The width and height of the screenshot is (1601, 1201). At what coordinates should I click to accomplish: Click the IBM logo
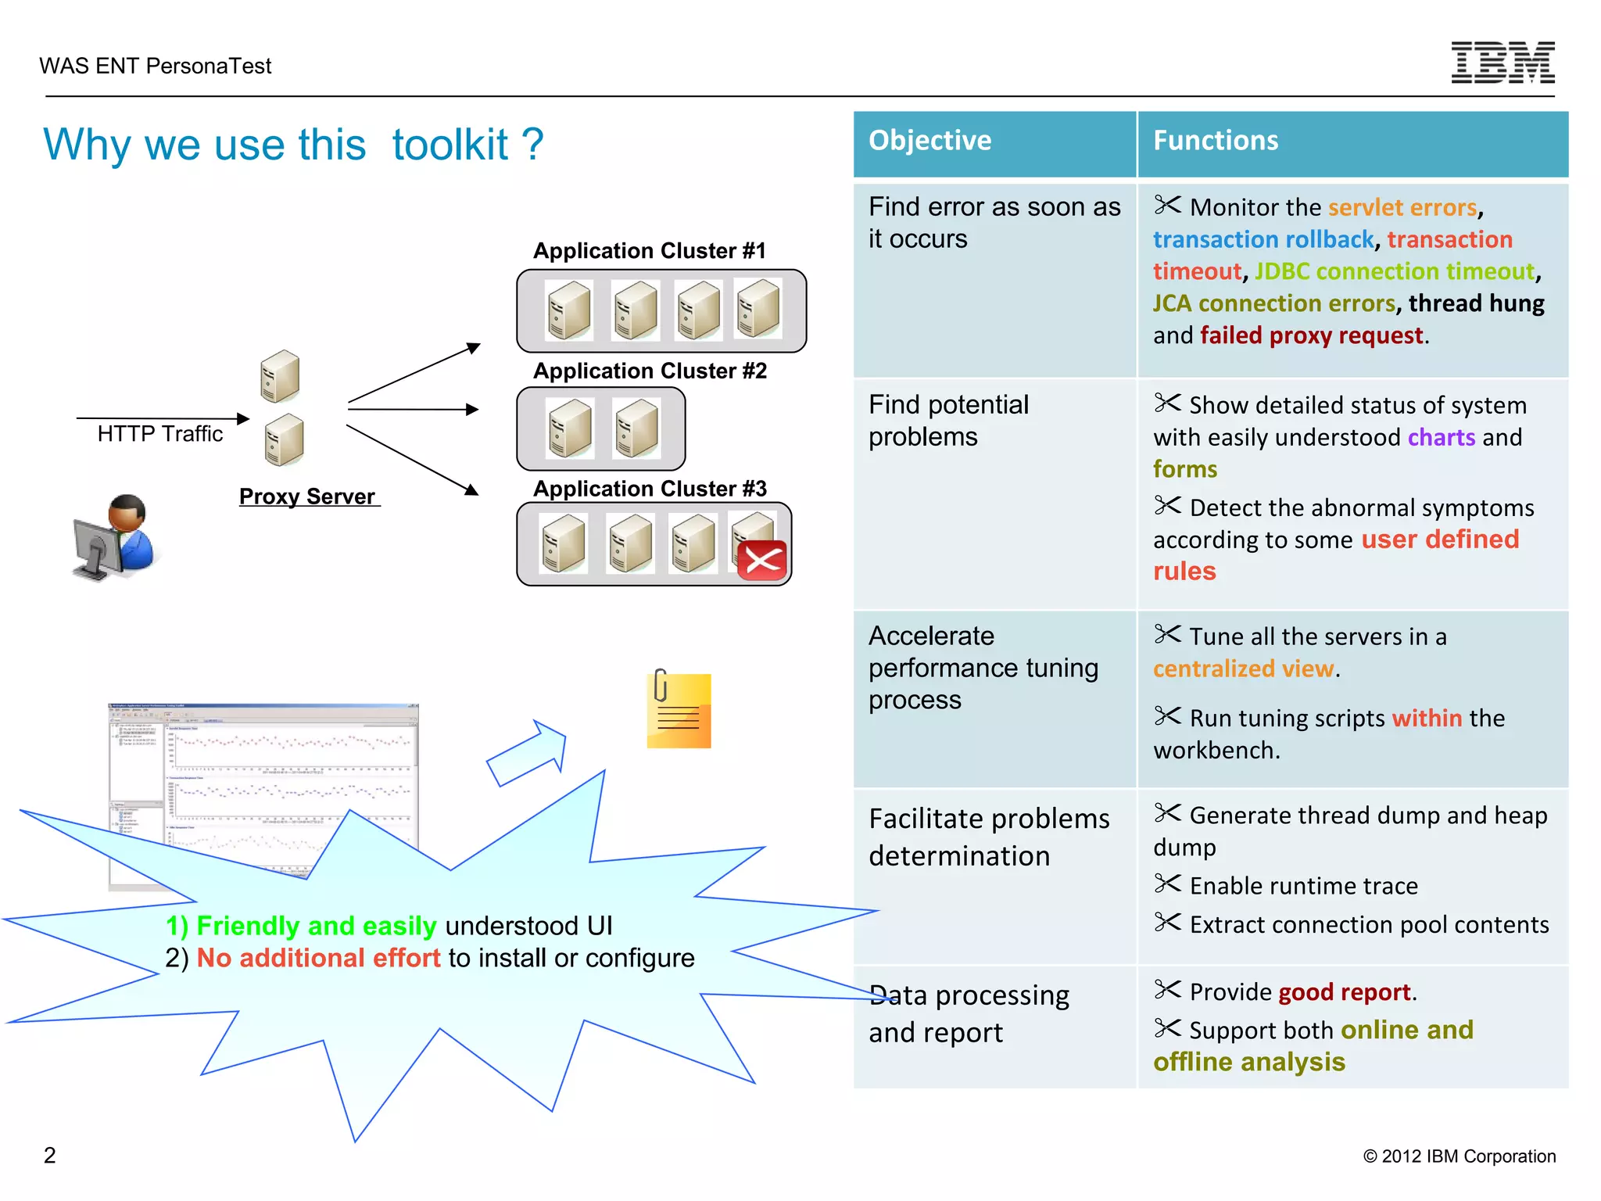(x=1503, y=63)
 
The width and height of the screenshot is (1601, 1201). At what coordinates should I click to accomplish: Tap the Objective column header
(x=929, y=141)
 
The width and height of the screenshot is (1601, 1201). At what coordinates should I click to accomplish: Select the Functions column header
(x=1216, y=141)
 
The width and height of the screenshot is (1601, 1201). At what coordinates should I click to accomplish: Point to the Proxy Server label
(x=308, y=497)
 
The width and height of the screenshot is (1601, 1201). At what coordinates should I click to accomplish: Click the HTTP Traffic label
(x=160, y=434)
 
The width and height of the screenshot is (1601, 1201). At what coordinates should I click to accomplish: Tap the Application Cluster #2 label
(x=650, y=371)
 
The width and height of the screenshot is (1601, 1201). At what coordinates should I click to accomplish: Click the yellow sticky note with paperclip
(x=678, y=709)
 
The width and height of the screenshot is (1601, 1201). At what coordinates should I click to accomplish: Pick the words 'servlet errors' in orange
(x=1402, y=207)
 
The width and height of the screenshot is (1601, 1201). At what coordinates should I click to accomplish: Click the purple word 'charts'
(x=1442, y=437)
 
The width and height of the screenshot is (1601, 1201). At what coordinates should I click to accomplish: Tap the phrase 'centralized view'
(x=1243, y=669)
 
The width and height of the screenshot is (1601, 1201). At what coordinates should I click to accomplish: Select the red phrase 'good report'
(x=1345, y=992)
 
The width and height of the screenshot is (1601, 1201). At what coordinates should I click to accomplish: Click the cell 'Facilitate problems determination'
(x=989, y=837)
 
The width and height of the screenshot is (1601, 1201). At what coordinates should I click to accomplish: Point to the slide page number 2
(x=50, y=1155)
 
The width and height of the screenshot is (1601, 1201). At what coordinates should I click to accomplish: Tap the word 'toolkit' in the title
(x=450, y=145)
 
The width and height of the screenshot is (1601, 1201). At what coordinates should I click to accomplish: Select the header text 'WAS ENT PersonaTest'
(x=156, y=66)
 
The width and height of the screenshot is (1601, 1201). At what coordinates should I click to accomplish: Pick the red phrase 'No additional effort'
(x=318, y=958)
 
